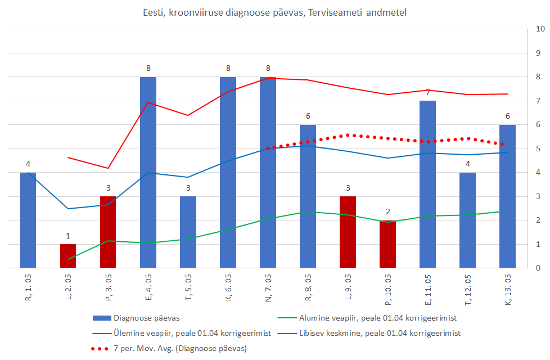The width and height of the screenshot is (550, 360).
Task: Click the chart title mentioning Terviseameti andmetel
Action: coord(274,12)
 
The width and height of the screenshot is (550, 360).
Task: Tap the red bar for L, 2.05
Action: coord(68,256)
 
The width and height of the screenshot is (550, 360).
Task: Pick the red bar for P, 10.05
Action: coord(387,245)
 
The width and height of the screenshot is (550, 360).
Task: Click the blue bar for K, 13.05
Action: coord(507,197)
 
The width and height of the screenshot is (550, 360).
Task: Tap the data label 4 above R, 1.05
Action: coord(28,164)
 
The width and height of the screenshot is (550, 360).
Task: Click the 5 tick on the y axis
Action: coord(539,149)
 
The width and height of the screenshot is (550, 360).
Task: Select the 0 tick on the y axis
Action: coord(539,268)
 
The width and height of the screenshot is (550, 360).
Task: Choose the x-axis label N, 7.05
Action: coord(268,290)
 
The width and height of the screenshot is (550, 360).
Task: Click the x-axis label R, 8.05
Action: coord(308,290)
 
